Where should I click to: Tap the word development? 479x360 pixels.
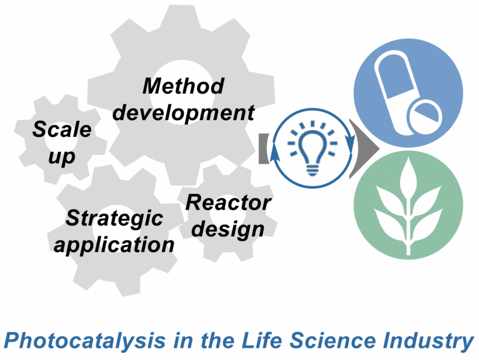coord(184,113)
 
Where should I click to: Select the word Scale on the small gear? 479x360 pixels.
coord(62,129)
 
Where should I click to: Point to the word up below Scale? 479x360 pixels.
coord(62,157)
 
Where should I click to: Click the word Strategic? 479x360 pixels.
coord(114,219)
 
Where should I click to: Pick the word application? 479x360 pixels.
coord(114,245)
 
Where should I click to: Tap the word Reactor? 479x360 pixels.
coord(228,203)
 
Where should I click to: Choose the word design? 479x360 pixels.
coord(228,229)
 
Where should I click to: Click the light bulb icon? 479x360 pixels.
coord(312,148)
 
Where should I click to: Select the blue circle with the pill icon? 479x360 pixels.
coord(408,93)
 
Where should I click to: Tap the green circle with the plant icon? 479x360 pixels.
coord(408,205)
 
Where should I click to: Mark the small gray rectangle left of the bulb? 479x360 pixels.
coord(263,148)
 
